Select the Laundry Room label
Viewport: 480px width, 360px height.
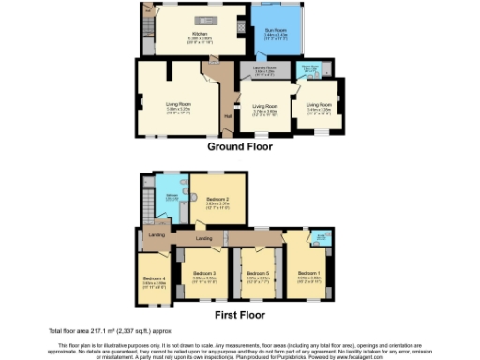click(265, 70)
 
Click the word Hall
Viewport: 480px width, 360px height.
click(228, 116)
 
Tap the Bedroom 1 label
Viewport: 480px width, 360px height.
click(308, 274)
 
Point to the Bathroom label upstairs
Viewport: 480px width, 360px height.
click(172, 194)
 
